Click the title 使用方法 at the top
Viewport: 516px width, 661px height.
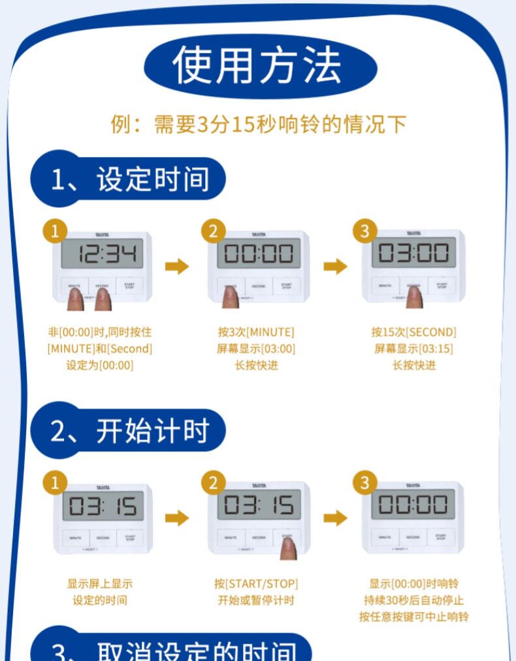coord(259,66)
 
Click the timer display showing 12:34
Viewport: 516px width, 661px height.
coord(103,254)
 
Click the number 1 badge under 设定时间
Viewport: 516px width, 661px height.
coord(56,230)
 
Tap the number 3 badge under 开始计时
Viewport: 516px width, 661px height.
coord(364,483)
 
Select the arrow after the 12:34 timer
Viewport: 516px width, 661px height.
coord(176,266)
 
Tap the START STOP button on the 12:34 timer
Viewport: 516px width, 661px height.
coord(129,286)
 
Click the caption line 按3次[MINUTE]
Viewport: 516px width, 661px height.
coord(257,332)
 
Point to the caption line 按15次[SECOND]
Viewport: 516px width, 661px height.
coord(413,332)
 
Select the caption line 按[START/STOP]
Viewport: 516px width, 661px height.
coord(257,583)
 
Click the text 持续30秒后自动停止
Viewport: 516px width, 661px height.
coord(413,600)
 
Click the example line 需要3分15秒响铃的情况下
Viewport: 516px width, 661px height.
coord(259,124)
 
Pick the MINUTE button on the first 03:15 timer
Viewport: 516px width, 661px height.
coord(74,538)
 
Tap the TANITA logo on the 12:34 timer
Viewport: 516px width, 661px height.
coord(103,234)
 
